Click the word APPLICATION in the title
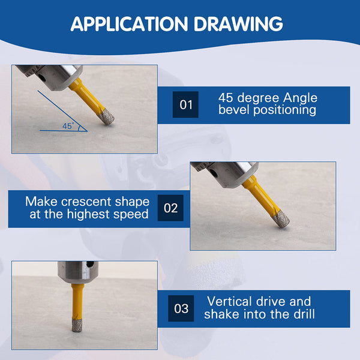tap(130, 24)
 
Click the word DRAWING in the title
tap(238, 24)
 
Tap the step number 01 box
tap(185, 104)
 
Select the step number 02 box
tap(170, 208)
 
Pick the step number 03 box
tap(181, 308)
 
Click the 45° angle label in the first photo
tap(68, 126)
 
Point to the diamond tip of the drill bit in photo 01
tap(106, 116)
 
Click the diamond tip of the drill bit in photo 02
tap(281, 220)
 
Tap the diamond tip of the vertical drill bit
tap(77, 325)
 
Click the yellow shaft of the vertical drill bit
tap(77, 301)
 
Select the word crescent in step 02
tap(86, 202)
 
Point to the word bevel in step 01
tap(234, 110)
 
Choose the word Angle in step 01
tap(300, 98)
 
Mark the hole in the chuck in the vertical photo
tap(89, 264)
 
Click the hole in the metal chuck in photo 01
tap(42, 77)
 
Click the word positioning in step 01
tap(284, 110)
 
